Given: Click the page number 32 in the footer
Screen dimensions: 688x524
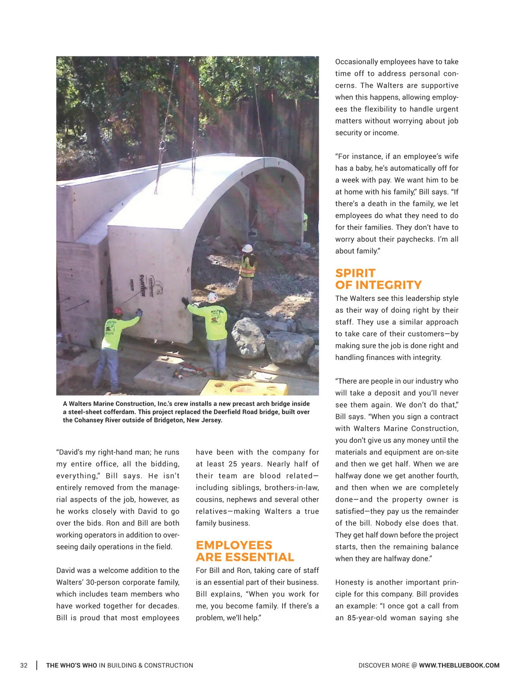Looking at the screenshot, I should click(x=24, y=665).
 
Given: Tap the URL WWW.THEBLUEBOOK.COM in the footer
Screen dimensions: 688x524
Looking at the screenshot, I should click(x=459, y=665).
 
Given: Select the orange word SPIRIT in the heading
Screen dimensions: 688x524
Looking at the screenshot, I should click(x=355, y=273).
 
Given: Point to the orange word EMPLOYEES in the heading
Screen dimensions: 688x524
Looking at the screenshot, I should click(x=234, y=545).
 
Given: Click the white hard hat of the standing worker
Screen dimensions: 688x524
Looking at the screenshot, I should click(x=248, y=248).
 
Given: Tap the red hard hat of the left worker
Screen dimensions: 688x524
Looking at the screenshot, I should click(x=117, y=311).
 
